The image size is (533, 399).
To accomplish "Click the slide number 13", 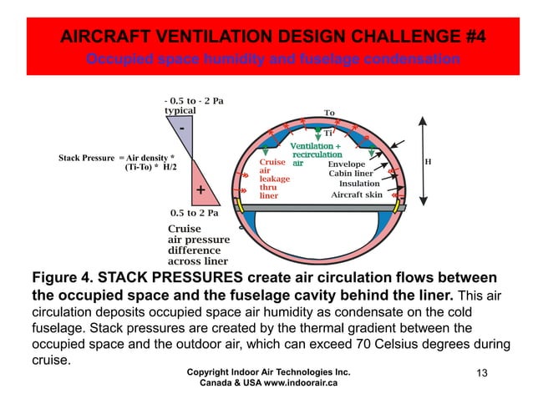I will [480, 372].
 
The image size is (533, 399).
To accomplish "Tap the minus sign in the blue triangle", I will [180, 129].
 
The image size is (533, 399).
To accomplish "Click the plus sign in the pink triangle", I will [201, 191].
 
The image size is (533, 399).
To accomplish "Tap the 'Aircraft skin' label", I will [357, 194].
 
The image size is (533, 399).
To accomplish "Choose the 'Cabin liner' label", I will [350, 174].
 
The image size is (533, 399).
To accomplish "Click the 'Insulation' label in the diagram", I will [360, 184].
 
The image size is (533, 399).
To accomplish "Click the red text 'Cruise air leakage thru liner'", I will [275, 179].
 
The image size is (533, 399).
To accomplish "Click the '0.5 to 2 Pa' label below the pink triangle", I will [194, 212].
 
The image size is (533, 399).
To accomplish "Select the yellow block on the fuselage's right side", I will [404, 205].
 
